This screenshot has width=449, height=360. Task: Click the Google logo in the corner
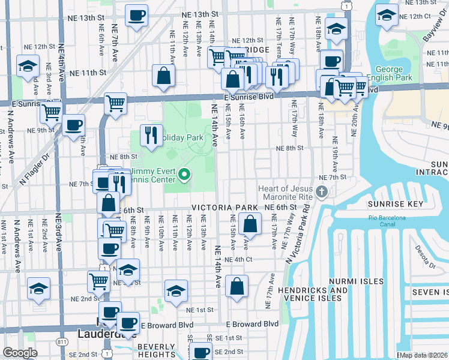pos(20,353)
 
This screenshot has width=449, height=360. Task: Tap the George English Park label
pos(393,74)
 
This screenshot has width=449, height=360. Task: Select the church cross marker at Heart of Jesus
pos(322,192)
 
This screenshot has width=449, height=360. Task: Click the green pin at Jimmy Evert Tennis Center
pos(185,176)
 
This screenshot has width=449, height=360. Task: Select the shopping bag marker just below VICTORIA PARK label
pos(249,224)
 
